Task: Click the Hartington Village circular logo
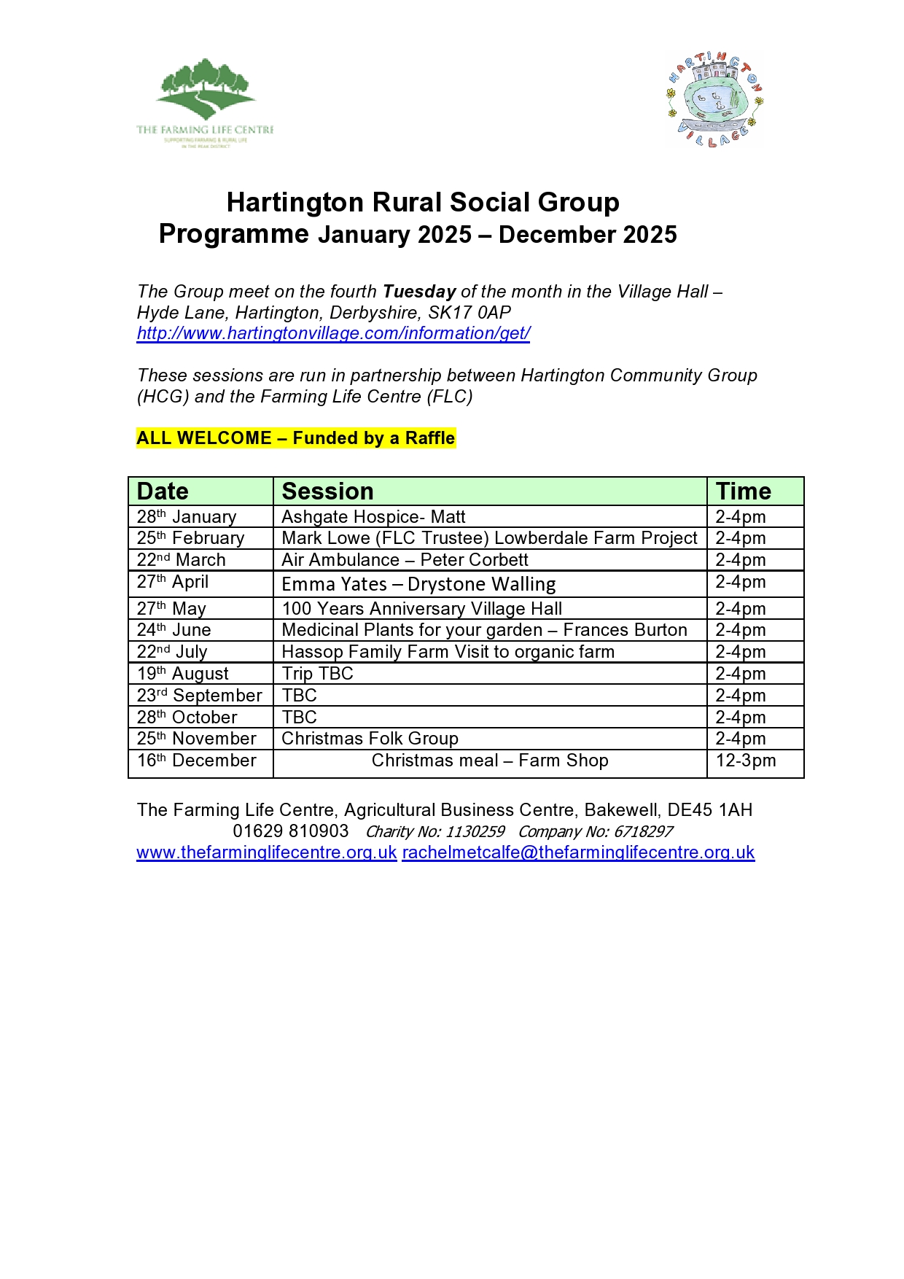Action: [714, 100]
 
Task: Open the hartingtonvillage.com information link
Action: [333, 333]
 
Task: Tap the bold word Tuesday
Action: [419, 292]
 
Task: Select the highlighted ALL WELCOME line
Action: [296, 438]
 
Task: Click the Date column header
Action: [163, 491]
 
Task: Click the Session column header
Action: [327, 491]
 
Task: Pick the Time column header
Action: [743, 491]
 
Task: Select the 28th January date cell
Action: [187, 517]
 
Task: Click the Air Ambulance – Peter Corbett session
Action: [405, 560]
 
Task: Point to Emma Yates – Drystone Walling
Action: [418, 584]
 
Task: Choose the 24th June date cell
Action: [174, 630]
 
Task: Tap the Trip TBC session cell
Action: [317, 674]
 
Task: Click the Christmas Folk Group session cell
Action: [370, 739]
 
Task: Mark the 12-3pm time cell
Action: [746, 761]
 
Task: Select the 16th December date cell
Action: [197, 761]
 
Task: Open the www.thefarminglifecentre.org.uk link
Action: [267, 852]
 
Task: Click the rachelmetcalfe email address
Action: [578, 852]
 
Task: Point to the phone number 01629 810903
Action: [291, 831]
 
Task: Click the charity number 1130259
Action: [475, 832]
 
